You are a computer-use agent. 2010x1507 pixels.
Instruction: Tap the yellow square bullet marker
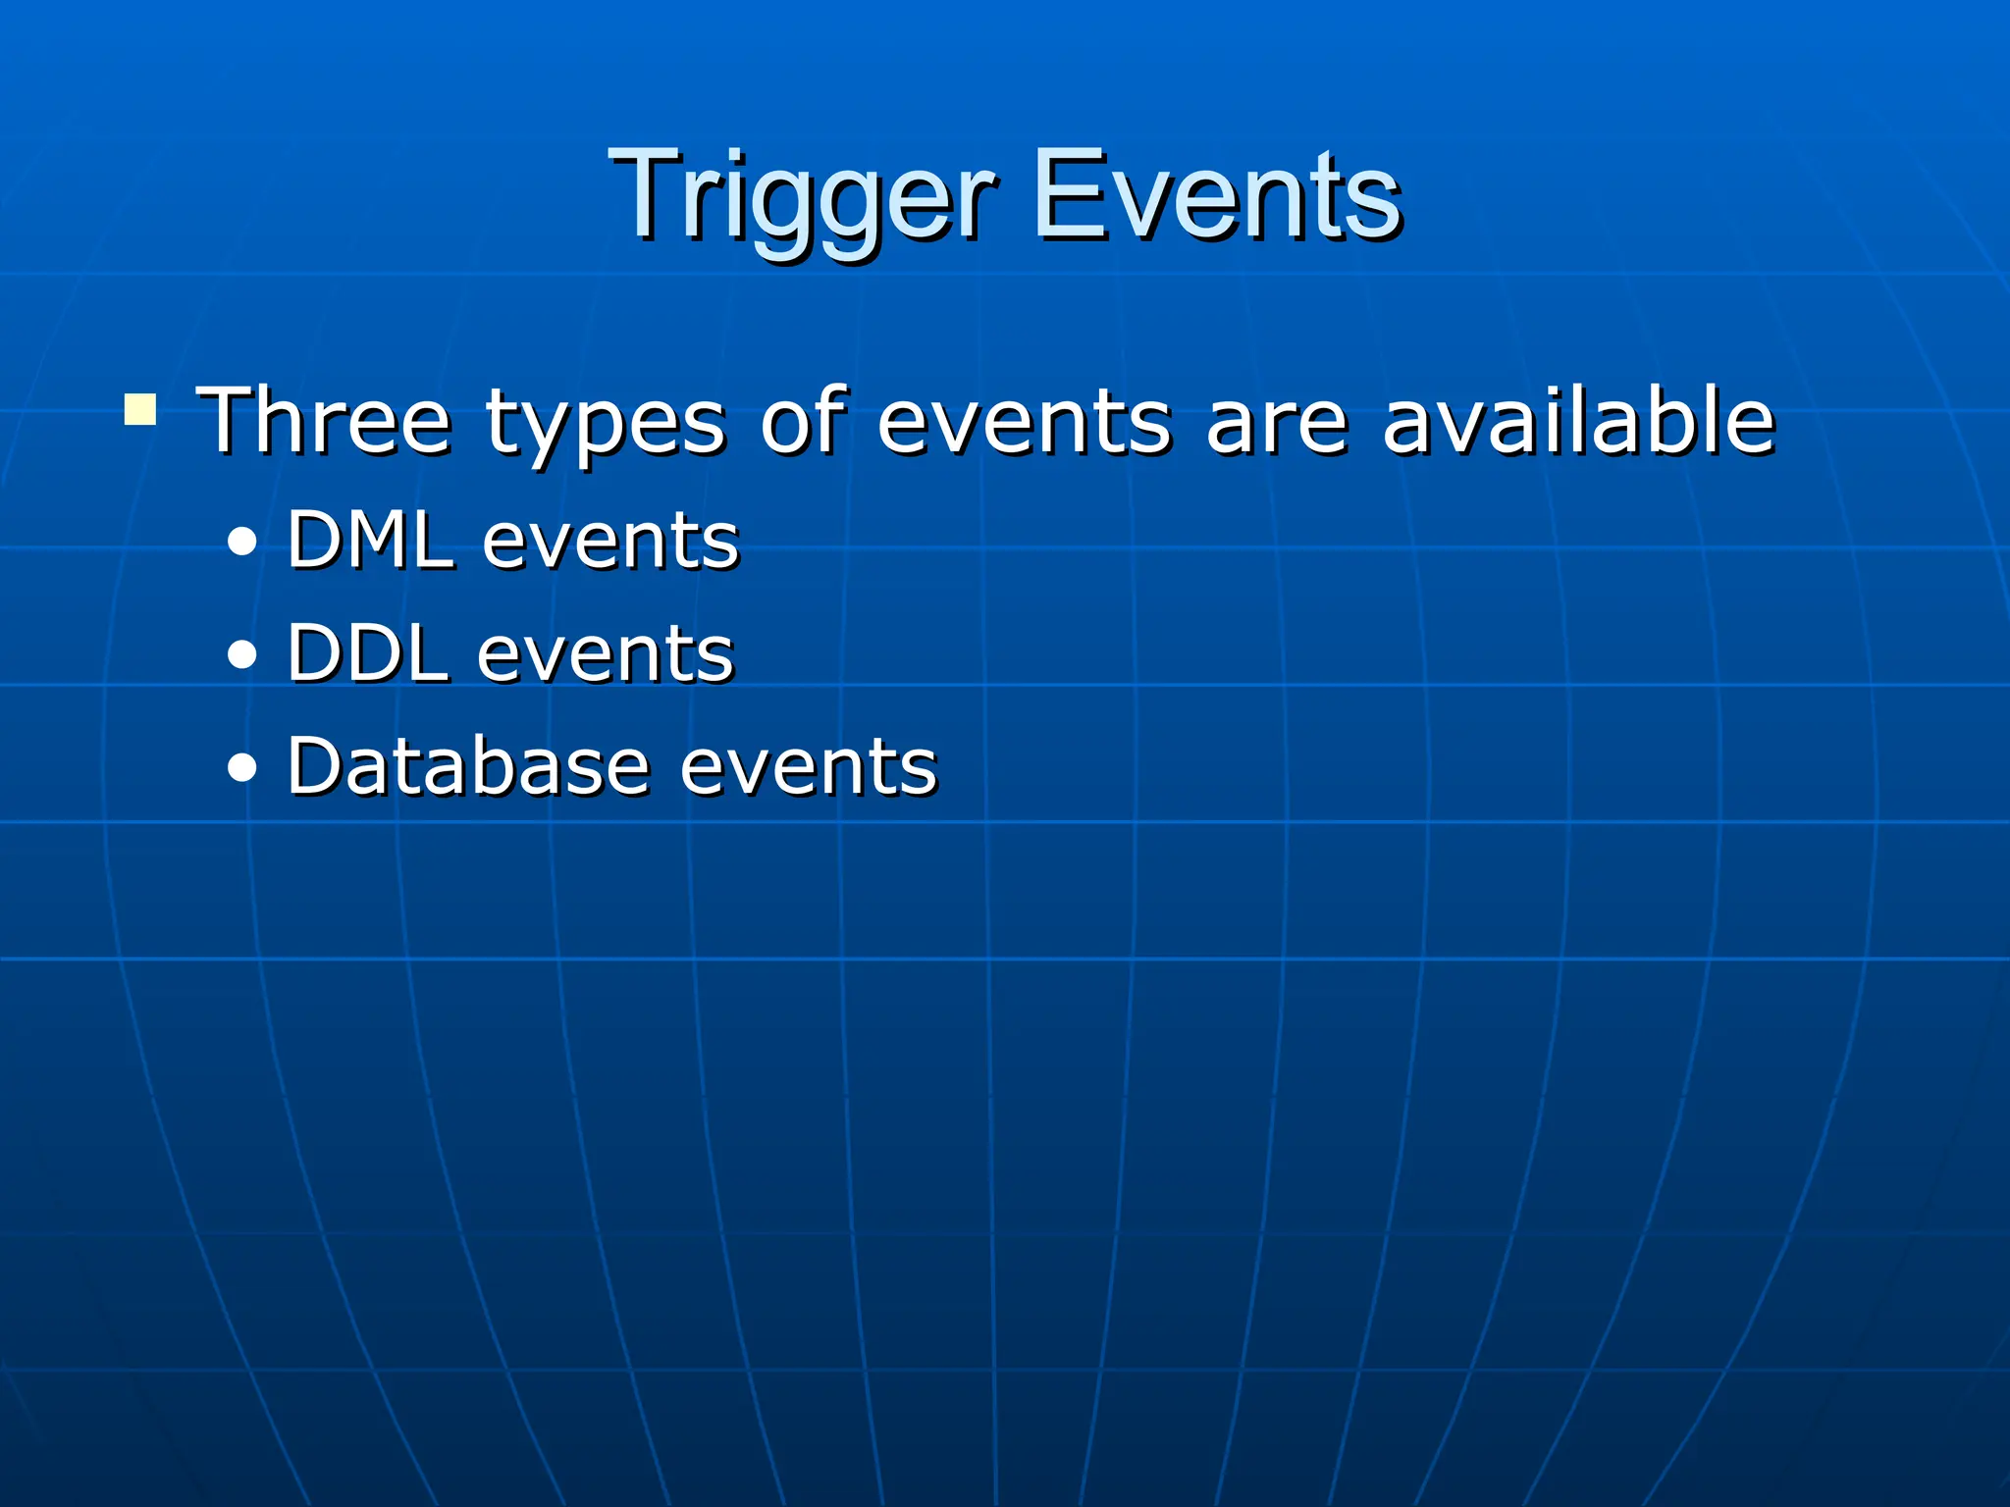[x=140, y=409]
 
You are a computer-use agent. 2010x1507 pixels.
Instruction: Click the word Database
[x=468, y=765]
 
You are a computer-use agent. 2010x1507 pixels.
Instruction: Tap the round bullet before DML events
[x=241, y=543]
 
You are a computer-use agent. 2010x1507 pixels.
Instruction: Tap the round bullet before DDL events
[x=241, y=655]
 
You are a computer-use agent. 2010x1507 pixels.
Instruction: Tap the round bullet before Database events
[x=241, y=768]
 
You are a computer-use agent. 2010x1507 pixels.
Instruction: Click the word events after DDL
[x=606, y=654]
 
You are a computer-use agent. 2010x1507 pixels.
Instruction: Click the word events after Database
[x=809, y=767]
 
